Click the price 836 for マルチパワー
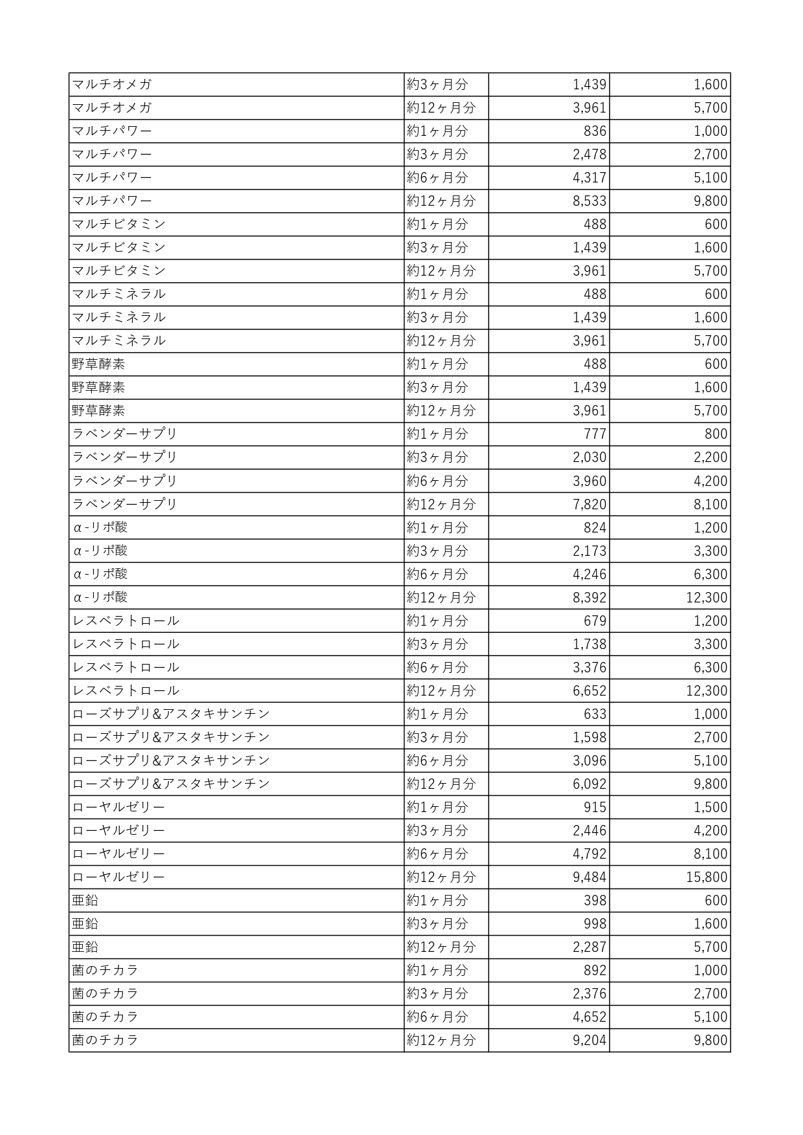[x=595, y=131]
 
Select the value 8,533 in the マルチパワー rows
[x=589, y=201]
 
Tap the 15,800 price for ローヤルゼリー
[x=707, y=877]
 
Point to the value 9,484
[x=589, y=877]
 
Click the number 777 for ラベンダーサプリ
[x=595, y=434]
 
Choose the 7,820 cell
[x=589, y=504]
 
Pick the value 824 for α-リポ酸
[x=595, y=527]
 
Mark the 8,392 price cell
[x=589, y=597]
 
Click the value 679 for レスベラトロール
[x=595, y=621]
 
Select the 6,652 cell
[x=589, y=691]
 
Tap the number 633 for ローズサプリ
[x=595, y=714]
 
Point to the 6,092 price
[x=589, y=784]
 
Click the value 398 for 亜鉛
[x=595, y=901]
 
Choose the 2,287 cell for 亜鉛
[x=589, y=947]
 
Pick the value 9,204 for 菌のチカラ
[x=589, y=1041]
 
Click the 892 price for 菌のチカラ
[x=595, y=971]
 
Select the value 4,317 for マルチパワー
[x=589, y=178]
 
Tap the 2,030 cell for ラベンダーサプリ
[x=589, y=457]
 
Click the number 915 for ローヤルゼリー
[x=595, y=808]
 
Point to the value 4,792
[x=589, y=854]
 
